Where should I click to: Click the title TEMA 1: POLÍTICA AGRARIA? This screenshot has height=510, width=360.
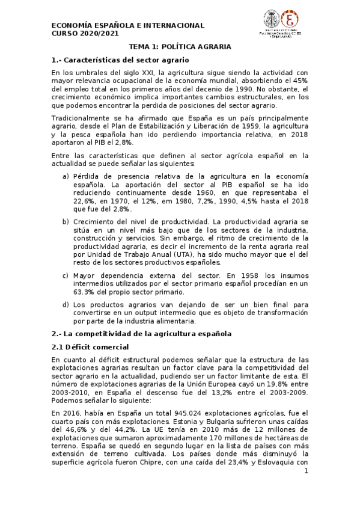point(180,46)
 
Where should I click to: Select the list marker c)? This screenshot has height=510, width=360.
point(66,275)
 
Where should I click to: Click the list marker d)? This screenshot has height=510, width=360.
point(66,305)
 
